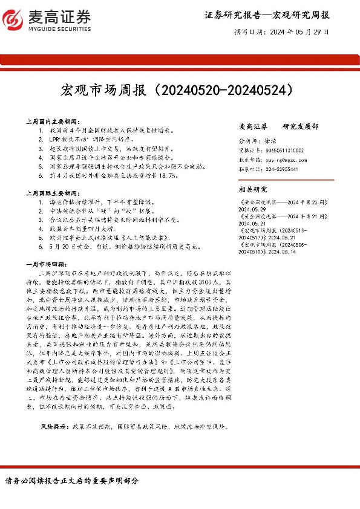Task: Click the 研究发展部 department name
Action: click(300, 127)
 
